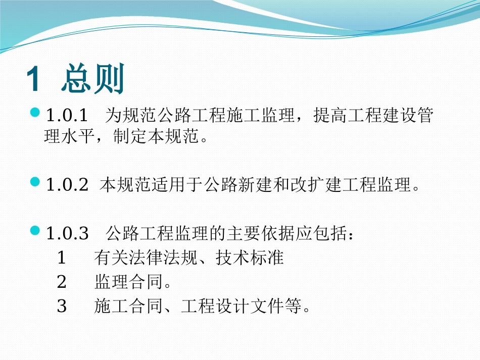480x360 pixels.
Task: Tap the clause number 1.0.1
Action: pyautogui.click(x=67, y=117)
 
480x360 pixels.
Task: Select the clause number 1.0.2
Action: pyautogui.click(x=67, y=185)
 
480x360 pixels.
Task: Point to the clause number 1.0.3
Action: pyautogui.click(x=67, y=234)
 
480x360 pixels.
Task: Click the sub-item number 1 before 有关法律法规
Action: pyautogui.click(x=62, y=259)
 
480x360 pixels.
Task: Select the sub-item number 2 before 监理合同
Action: pyautogui.click(x=62, y=282)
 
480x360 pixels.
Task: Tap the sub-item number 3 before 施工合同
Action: pyautogui.click(x=62, y=306)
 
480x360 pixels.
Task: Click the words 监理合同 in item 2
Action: pyautogui.click(x=129, y=282)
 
